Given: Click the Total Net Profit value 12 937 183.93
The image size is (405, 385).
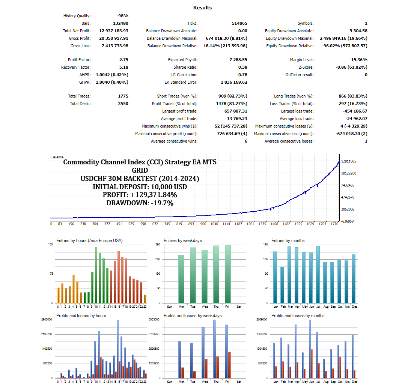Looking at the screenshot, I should [x=114, y=31].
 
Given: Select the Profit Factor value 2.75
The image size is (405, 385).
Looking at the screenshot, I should [x=123, y=60].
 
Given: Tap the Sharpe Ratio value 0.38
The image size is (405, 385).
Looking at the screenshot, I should [x=242, y=67].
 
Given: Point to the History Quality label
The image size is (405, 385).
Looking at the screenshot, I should [x=77, y=16].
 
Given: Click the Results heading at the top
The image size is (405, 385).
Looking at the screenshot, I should [x=202, y=8].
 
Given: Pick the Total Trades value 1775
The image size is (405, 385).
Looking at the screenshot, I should [x=123, y=96].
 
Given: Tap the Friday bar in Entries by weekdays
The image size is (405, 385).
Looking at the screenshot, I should [x=228, y=274].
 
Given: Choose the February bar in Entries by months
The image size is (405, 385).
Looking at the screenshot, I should [x=282, y=285].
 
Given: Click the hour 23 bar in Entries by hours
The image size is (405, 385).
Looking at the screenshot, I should [x=145, y=299].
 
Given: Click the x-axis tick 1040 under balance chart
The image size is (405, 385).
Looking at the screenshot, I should [x=214, y=224].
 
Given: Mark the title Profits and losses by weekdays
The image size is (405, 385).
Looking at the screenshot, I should [x=193, y=316].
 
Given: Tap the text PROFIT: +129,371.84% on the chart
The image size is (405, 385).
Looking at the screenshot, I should [x=140, y=195].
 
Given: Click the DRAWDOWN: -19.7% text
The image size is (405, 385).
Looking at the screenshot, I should [x=140, y=203].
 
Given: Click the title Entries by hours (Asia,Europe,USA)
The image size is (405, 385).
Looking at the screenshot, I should [x=89, y=241].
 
